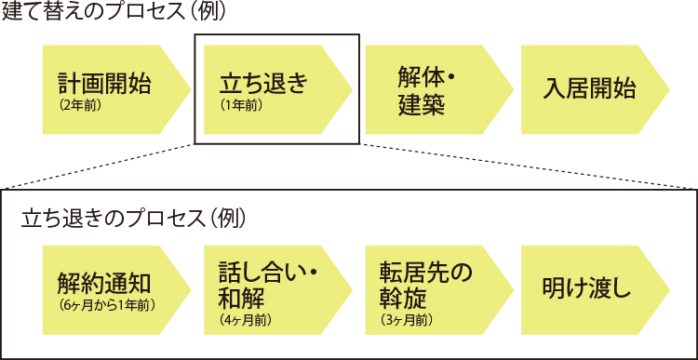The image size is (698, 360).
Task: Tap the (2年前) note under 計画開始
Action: [79, 105]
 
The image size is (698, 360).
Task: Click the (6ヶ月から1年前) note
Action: [106, 304]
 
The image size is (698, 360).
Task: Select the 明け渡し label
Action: [586, 289]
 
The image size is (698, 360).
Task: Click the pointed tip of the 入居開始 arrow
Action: [668, 90]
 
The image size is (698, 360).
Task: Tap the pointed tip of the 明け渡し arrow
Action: [668, 289]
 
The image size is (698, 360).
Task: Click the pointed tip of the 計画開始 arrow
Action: [191, 90]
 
